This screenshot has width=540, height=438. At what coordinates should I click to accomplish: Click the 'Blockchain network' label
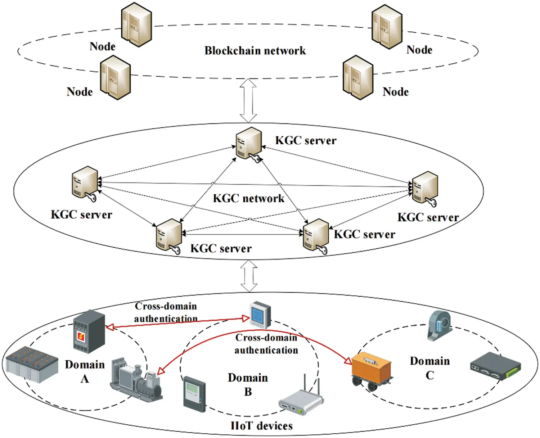(x=255, y=50)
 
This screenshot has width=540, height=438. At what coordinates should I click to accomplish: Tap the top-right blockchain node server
(x=387, y=27)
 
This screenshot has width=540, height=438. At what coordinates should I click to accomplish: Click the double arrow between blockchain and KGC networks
(x=248, y=101)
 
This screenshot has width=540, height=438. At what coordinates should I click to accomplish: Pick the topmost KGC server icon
(x=248, y=144)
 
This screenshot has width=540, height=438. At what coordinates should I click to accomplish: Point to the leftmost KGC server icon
(x=85, y=182)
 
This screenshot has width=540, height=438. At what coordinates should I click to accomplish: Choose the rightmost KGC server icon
(x=425, y=188)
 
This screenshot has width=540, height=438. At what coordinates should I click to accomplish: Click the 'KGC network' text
(x=248, y=198)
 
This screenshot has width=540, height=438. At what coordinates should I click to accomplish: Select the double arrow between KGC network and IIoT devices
(x=249, y=276)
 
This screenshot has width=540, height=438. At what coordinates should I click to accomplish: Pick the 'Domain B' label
(x=248, y=384)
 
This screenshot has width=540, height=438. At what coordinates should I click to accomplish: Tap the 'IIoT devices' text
(x=261, y=426)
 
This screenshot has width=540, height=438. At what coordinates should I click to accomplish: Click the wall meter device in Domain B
(x=194, y=394)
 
